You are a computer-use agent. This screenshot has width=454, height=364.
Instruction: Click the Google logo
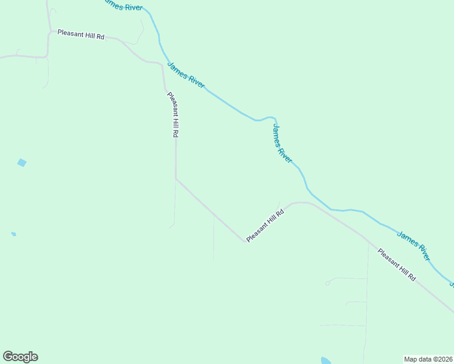point(20,357)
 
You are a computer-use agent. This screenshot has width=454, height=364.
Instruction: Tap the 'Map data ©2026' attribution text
point(428,359)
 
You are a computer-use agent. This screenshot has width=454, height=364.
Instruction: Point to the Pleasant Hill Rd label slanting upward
point(265,226)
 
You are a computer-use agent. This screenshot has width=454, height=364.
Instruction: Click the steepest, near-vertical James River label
point(282,144)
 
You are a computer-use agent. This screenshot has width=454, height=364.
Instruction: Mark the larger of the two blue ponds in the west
point(22,163)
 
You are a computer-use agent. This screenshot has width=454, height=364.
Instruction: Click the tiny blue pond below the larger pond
point(13,234)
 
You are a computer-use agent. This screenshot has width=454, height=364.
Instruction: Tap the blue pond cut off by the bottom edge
point(326,360)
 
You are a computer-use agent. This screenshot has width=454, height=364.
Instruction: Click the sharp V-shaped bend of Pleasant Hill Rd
point(246,241)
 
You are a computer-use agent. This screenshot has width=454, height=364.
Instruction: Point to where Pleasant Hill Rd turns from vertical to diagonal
point(176,178)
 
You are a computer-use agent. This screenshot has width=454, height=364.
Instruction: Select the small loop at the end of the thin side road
point(328,283)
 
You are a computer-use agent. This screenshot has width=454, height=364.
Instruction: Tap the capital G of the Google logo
point(8,357)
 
